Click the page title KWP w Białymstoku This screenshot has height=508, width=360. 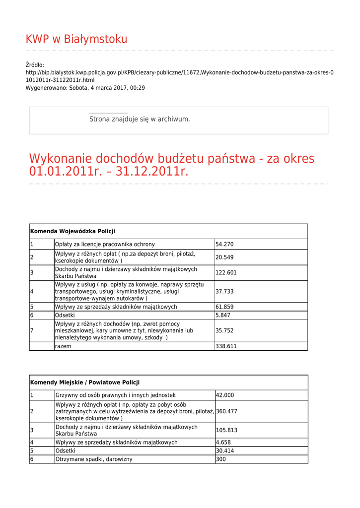click(x=76, y=39)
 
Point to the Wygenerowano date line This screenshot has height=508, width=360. click(x=85, y=88)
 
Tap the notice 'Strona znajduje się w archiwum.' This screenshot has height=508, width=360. click(x=140, y=119)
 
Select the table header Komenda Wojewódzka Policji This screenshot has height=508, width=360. click(x=72, y=231)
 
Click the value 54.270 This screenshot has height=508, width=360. click(x=224, y=244)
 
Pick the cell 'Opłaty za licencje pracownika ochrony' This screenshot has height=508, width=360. click(x=105, y=244)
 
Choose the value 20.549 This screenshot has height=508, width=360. click(x=224, y=257)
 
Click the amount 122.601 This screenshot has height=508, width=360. click(x=226, y=272)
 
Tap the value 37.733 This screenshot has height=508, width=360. click(x=224, y=291)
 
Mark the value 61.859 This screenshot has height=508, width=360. click(x=224, y=307)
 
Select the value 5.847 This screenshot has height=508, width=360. click(x=223, y=315)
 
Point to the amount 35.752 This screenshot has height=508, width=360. click(x=224, y=330)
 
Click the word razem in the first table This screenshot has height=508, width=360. click(x=63, y=346)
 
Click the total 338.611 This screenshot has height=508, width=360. click(x=226, y=346)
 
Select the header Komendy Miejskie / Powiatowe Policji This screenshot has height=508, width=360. click(x=85, y=382)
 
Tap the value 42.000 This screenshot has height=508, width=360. click(x=225, y=395)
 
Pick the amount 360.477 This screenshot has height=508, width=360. click(x=226, y=411)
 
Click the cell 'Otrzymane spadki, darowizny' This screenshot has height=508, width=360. click(x=94, y=459)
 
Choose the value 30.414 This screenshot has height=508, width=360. click(x=225, y=451)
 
